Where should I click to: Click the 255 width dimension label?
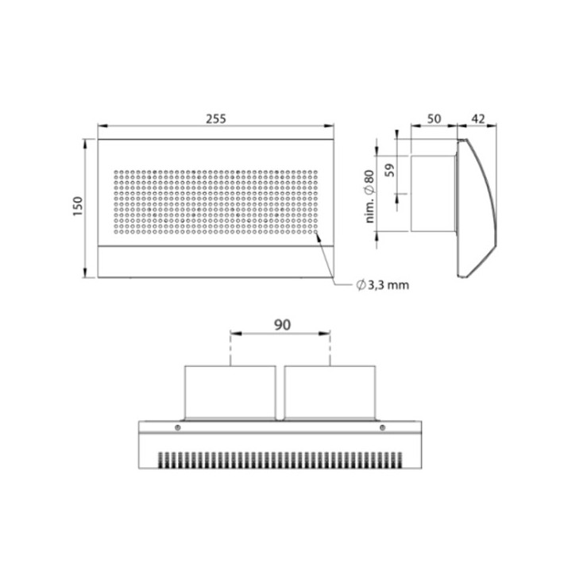[x=216, y=119]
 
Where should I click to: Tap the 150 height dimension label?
[x=78, y=206]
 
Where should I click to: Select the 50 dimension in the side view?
[x=434, y=119]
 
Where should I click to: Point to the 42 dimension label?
[x=478, y=119]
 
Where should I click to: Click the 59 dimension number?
[x=390, y=170]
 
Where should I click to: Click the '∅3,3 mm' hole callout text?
[x=383, y=285]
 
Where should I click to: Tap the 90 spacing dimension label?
[x=282, y=325]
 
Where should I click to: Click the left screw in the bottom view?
[x=178, y=427]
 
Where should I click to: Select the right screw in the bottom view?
[x=382, y=427]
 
